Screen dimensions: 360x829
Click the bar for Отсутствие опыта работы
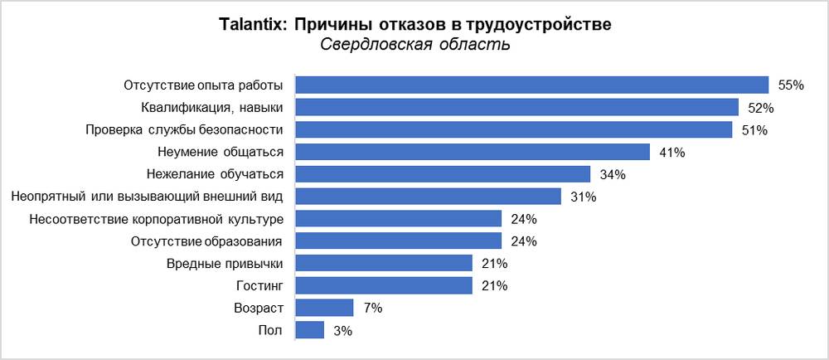pyautogui.click(x=532, y=85)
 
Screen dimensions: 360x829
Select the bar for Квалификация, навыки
pyautogui.click(x=517, y=107)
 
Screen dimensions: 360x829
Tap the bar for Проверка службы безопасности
pyautogui.click(x=514, y=129)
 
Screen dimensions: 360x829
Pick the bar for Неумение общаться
pyautogui.click(x=473, y=152)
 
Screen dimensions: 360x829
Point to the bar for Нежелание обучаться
pyautogui.click(x=443, y=174)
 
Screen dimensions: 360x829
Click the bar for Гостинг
pyautogui.click(x=384, y=285)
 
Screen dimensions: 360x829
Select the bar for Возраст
pyautogui.click(x=325, y=308)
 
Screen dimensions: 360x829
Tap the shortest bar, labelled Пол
pyautogui.click(x=310, y=330)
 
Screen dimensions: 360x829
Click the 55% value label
pyautogui.click(x=792, y=85)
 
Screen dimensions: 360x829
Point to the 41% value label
pyautogui.click(x=671, y=153)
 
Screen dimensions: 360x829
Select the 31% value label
pyautogui.click(x=583, y=197)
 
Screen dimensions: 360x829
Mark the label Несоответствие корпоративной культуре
pyautogui.click(x=157, y=219)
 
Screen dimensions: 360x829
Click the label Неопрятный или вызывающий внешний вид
pyautogui.click(x=148, y=197)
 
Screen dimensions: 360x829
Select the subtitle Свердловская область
pyautogui.click(x=414, y=45)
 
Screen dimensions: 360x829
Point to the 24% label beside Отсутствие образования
pyautogui.click(x=524, y=241)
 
